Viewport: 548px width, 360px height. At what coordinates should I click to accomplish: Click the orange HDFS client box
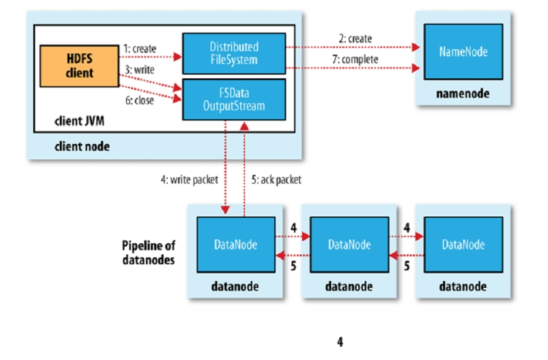[80, 64]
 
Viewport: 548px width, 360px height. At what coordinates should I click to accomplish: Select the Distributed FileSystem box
[234, 52]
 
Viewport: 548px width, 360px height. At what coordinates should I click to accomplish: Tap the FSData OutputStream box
[234, 98]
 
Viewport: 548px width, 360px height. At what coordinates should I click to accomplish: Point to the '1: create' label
[141, 47]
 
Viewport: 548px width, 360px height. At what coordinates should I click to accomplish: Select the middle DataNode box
[349, 245]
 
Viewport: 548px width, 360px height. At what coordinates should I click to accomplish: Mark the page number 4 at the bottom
[339, 341]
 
